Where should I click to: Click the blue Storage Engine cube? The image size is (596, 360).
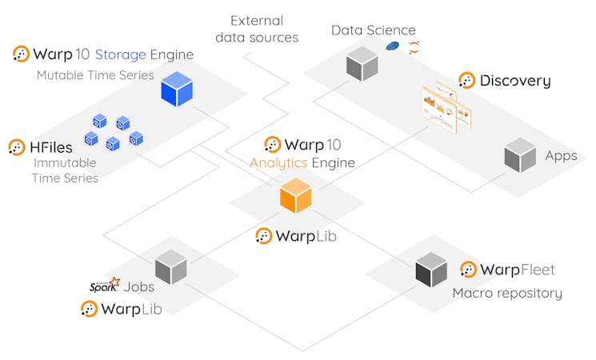[x=177, y=88]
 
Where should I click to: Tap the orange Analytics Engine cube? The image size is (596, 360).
[x=295, y=196]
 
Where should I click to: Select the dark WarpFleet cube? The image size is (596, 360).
[x=430, y=270]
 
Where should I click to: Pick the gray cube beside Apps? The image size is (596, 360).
[x=520, y=154]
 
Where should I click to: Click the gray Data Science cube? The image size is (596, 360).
[x=362, y=64]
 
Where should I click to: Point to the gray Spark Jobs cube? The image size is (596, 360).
[x=170, y=267]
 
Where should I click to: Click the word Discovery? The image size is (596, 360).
[x=515, y=80]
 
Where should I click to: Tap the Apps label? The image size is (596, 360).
[x=561, y=155]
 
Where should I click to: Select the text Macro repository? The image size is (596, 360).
[x=507, y=293]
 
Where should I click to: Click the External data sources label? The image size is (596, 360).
[x=263, y=29]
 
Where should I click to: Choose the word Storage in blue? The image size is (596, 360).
[x=120, y=54]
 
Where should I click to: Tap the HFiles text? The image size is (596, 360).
[x=52, y=147]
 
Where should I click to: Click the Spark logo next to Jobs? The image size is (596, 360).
[x=104, y=286]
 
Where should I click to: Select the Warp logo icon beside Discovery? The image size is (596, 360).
[x=466, y=80]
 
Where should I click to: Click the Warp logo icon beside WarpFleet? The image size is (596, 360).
[x=468, y=270]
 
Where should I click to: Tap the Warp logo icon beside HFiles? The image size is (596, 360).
[x=17, y=147]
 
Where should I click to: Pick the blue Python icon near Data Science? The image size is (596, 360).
[x=392, y=46]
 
